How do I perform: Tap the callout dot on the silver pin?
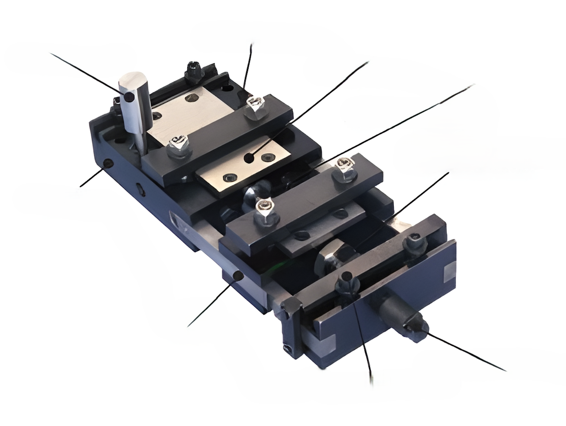[x=129, y=97]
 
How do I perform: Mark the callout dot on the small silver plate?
[x=249, y=158]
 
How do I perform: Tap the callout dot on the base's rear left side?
[x=107, y=163]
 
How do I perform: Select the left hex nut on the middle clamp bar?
[x=265, y=210]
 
